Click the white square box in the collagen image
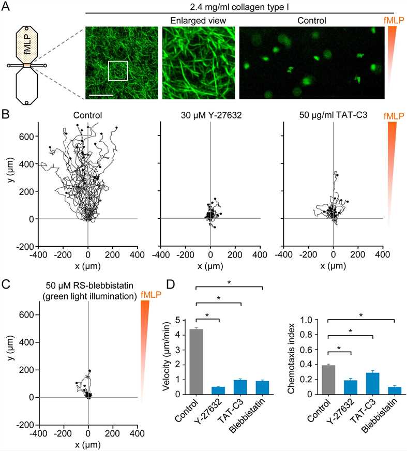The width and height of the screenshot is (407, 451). coord(117,70)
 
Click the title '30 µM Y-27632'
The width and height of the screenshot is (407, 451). coord(210,115)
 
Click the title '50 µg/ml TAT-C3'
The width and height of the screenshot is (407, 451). coord(333,115)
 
